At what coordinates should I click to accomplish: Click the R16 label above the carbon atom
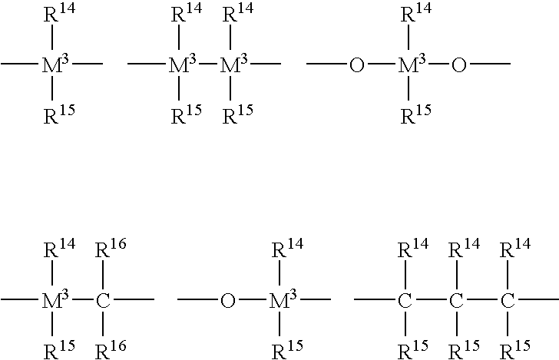pyautogui.click(x=111, y=248)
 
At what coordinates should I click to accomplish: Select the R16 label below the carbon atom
pyautogui.click(x=111, y=350)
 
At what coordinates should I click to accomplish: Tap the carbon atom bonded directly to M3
pyautogui.click(x=103, y=300)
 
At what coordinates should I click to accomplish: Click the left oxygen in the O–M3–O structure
pyautogui.click(x=357, y=65)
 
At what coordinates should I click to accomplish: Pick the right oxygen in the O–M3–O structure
pyautogui.click(x=459, y=65)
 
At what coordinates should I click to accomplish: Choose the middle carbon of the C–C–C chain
pyautogui.click(x=456, y=300)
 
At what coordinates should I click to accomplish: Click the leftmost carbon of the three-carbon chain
pyautogui.click(x=405, y=300)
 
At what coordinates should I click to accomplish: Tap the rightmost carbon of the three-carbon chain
pyautogui.click(x=508, y=300)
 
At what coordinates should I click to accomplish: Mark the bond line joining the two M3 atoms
pyautogui.click(x=208, y=64)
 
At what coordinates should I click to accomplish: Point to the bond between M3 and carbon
pyautogui.click(x=82, y=299)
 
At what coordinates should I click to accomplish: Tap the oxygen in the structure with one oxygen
pyautogui.click(x=228, y=300)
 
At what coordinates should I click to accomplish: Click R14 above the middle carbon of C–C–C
pyautogui.click(x=464, y=248)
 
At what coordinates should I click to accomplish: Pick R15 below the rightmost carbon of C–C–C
pyautogui.click(x=515, y=350)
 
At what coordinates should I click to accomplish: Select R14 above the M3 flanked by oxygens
pyautogui.click(x=416, y=13)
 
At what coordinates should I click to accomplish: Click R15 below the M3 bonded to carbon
pyautogui.click(x=59, y=350)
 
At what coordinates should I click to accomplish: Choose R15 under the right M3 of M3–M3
pyautogui.click(x=238, y=114)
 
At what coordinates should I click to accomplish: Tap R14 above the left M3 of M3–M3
pyautogui.click(x=187, y=13)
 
